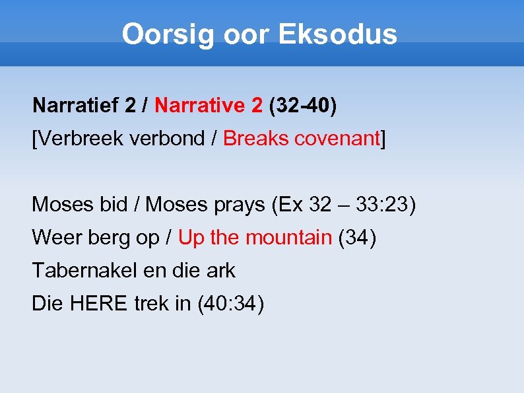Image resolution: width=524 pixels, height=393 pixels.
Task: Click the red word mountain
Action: click(288, 238)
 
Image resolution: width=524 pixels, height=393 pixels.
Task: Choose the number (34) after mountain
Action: click(357, 238)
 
